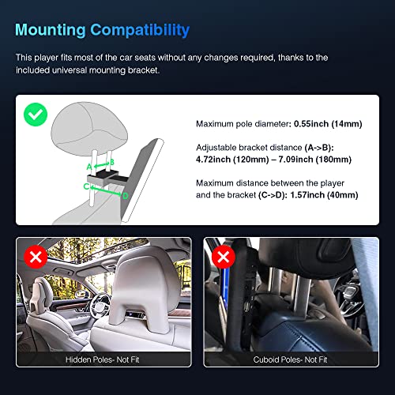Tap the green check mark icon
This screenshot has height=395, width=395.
pyautogui.click(x=34, y=114)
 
